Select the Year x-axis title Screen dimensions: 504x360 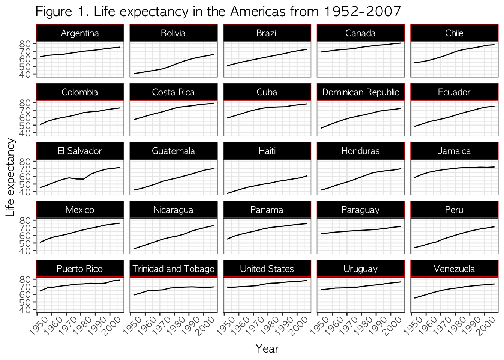tap(267, 349)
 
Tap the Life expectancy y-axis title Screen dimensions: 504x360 tap(10, 177)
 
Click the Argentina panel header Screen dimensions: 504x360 tap(80, 33)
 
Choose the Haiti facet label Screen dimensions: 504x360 tap(267, 151)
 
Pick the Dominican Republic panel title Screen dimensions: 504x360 tap(361, 92)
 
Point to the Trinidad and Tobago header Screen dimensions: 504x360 tap(174, 269)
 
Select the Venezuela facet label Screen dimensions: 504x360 tap(454, 268)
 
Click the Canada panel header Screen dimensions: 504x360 tap(361, 33)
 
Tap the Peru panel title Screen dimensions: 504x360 tap(454, 210)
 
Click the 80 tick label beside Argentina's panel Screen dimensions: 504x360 tap(25, 44)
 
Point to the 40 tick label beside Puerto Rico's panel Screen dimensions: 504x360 tap(25, 310)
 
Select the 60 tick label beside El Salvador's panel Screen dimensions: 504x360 tap(25, 177)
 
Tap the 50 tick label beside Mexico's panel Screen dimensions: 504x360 tap(25, 243)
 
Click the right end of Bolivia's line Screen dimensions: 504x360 tap(213, 54)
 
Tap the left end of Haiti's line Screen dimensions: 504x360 tap(228, 193)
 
